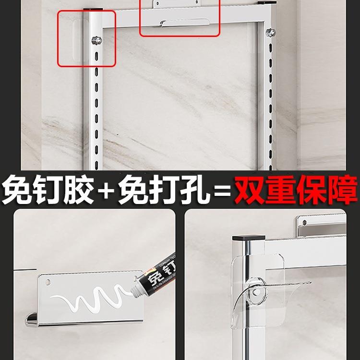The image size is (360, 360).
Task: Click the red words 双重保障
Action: coord(296,190)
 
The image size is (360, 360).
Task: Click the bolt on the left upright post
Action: coord(97,39)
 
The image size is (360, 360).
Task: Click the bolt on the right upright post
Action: coord(270,33)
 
